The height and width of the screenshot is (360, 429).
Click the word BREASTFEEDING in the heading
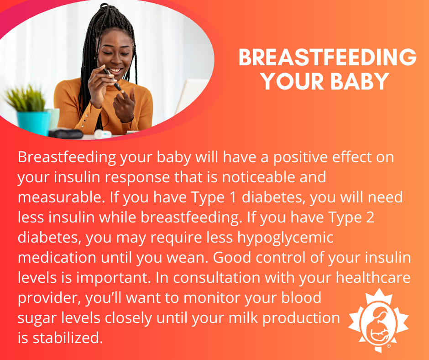pyautogui.click(x=327, y=58)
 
